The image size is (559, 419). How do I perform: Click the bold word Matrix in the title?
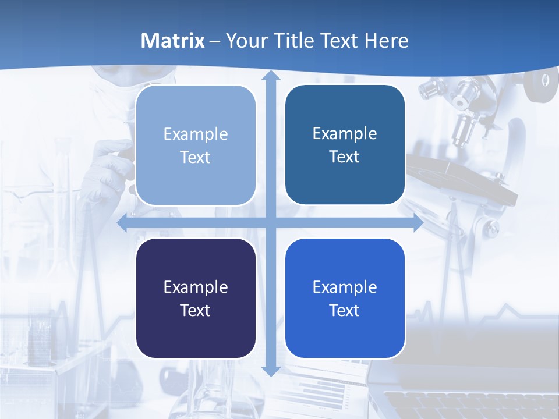click(172, 41)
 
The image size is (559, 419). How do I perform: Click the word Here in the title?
click(386, 41)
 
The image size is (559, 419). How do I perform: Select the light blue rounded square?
click(196, 145)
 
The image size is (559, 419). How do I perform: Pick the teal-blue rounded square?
click(345, 145)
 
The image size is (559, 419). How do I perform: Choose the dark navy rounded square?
click(196, 299)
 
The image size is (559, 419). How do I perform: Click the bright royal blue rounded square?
click(345, 299)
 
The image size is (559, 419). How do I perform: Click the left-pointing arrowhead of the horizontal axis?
click(122, 222)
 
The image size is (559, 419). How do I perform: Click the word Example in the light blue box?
click(196, 134)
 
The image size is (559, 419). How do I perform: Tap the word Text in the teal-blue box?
click(345, 157)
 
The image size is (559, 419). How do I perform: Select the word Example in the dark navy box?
click(196, 287)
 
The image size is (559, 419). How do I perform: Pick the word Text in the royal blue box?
click(345, 310)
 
